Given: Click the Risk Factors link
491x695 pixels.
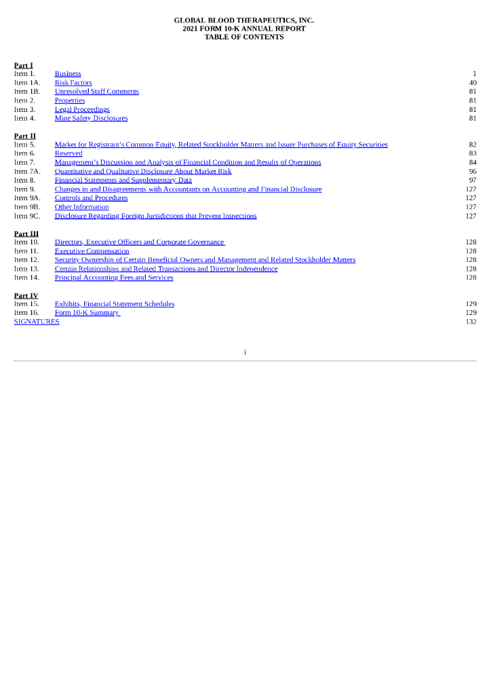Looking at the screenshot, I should coord(73,83).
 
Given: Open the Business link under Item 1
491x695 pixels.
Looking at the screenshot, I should coord(68,74).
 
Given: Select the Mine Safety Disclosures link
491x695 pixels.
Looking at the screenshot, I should coord(91,118).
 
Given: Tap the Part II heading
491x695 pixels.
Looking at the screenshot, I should coord(25,136).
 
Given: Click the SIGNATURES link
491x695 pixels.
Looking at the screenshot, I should coord(37,322).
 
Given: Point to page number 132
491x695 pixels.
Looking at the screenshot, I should coord(471,322).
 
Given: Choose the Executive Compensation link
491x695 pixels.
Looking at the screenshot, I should coord(92,251).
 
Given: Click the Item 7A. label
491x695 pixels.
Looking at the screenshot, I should coord(27,172).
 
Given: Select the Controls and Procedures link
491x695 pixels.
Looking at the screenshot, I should coord(91,198).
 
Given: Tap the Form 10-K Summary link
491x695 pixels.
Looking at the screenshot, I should coord(87,313).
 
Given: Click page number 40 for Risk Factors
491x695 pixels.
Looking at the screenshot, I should coord(473,83).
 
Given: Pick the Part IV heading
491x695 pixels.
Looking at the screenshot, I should coord(26,296).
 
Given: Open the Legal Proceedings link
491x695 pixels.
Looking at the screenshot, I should coord(82,109).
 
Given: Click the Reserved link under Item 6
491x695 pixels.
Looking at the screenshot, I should coord(68,153).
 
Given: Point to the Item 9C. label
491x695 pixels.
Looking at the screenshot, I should coord(27,216).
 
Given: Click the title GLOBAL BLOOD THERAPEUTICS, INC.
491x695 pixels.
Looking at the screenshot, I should coord(244,20).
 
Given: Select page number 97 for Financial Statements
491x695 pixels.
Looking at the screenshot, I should coord(473,181).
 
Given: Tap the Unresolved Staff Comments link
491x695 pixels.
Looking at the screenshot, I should coord(97,92).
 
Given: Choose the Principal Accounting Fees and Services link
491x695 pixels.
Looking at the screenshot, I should coord(114,278).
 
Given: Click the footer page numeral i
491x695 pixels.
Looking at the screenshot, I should coord(245,352).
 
